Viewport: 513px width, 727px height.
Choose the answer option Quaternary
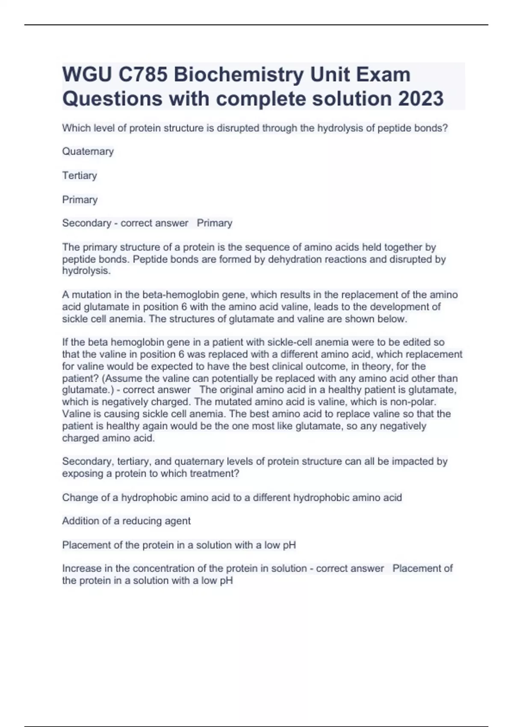[x=88, y=151]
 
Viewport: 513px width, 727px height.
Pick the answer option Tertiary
[x=80, y=175]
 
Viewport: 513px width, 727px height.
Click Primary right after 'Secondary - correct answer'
[x=215, y=223]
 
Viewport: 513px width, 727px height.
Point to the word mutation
[x=89, y=295]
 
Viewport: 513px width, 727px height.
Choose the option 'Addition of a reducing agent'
[x=127, y=521]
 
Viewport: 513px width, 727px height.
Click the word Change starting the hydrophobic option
[x=77, y=497]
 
